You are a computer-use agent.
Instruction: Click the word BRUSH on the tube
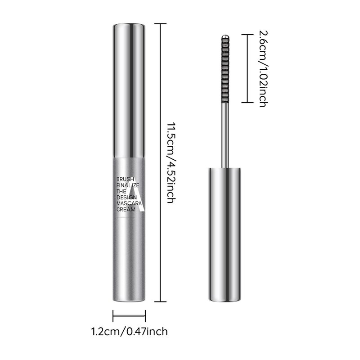(x=125, y=179)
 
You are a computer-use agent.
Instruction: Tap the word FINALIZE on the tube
(x=128, y=185)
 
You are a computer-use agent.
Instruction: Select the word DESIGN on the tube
(x=126, y=197)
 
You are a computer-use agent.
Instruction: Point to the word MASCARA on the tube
(x=129, y=203)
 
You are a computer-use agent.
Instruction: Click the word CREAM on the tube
(x=126, y=209)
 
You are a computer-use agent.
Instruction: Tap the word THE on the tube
(x=121, y=191)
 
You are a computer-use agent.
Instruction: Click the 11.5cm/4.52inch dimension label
(x=171, y=162)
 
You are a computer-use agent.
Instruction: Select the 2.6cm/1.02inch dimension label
(x=263, y=69)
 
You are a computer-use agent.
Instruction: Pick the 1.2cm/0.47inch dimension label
(x=130, y=332)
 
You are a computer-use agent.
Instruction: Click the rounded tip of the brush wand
(x=225, y=36)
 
